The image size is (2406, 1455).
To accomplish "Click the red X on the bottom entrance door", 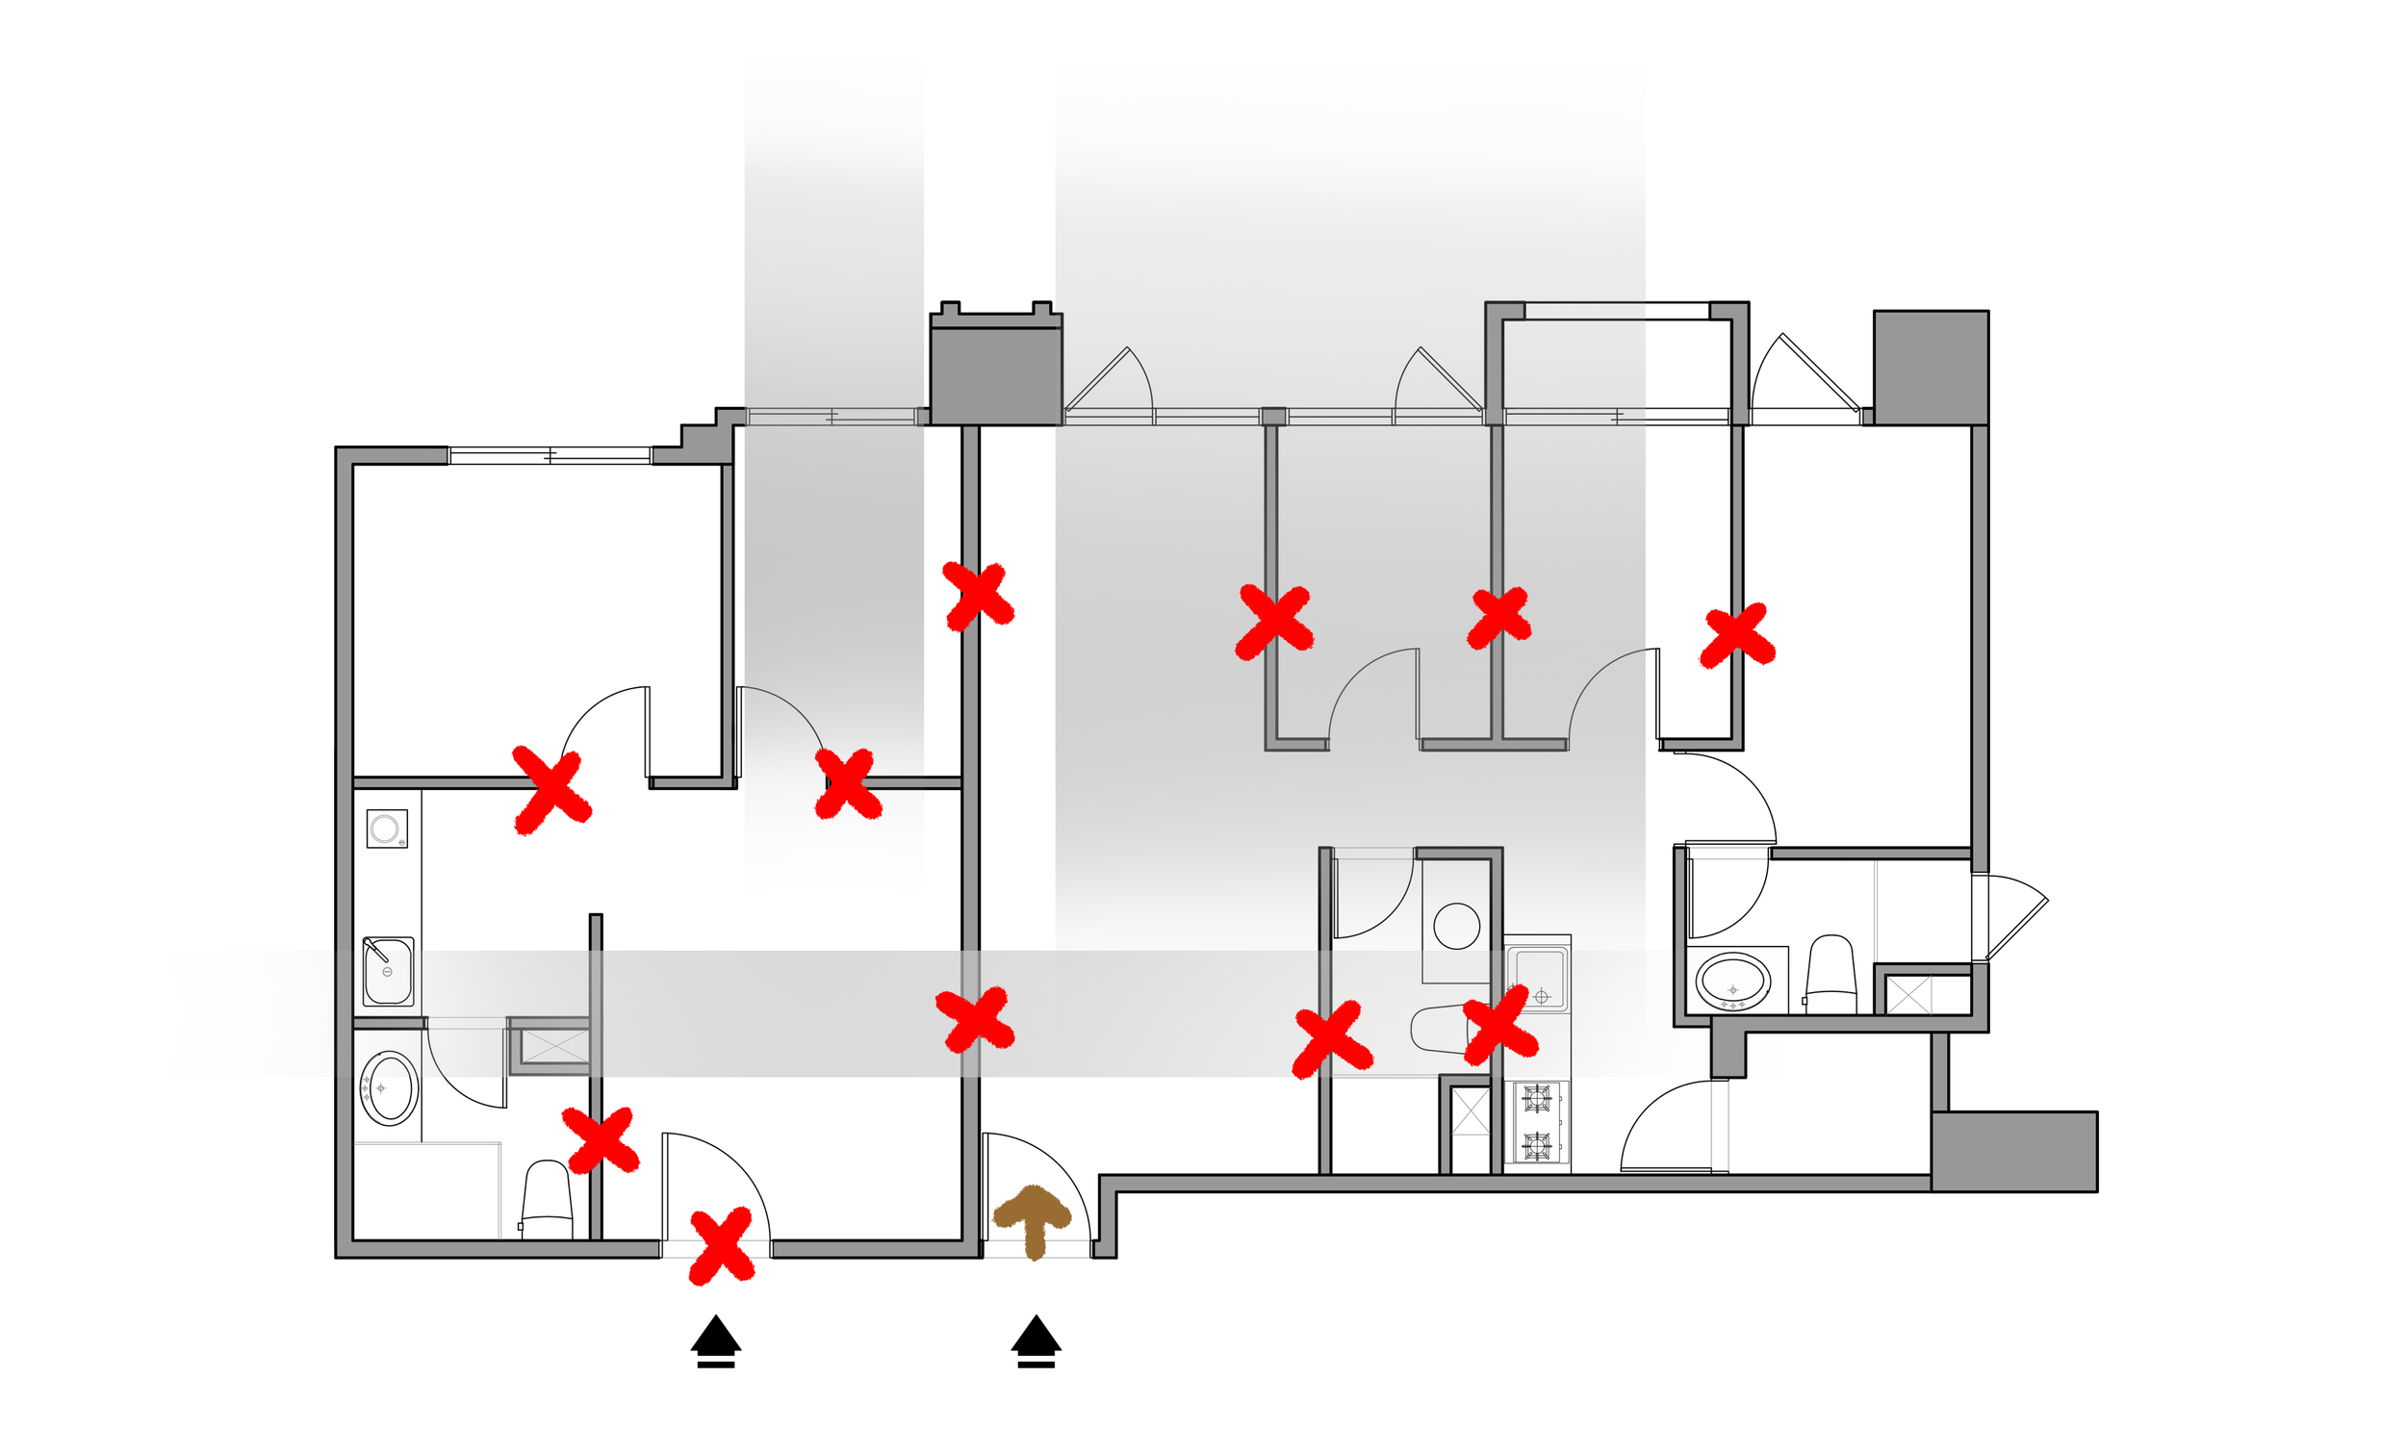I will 722,1245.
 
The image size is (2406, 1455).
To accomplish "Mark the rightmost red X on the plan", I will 1737,636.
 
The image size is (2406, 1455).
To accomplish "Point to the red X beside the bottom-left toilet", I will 601,1139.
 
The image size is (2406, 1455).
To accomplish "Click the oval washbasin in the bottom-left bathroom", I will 390,1088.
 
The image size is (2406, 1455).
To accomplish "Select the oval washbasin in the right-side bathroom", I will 1732,982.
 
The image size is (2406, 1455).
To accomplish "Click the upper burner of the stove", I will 1537,1098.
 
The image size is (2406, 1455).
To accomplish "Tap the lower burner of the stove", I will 1537,1142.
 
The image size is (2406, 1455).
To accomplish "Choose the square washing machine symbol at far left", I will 387,830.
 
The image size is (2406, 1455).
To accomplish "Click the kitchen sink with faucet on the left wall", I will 388,972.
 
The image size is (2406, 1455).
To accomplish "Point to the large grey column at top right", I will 1931,368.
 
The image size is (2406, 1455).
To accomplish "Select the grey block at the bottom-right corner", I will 2014,1151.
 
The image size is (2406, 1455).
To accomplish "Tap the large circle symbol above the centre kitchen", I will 1457,926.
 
